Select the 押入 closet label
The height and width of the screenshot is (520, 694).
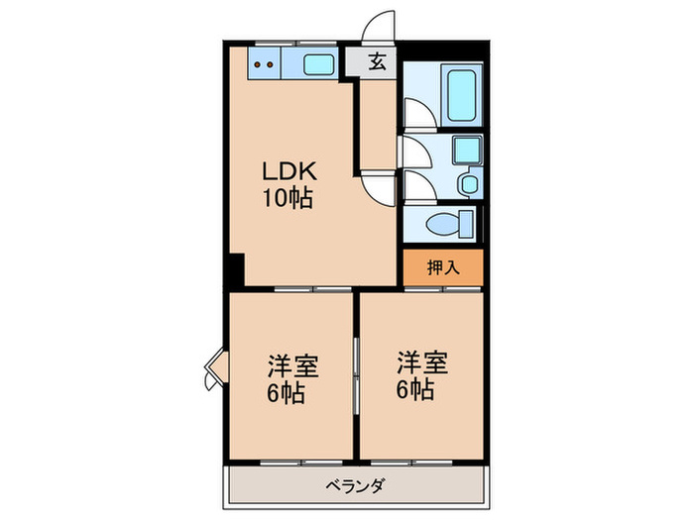tap(442, 267)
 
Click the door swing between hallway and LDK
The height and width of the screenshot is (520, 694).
tap(378, 184)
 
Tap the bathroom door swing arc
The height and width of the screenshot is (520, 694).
tap(417, 113)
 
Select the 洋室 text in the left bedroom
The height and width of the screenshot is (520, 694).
tap(291, 365)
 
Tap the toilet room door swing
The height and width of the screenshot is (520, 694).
tap(416, 186)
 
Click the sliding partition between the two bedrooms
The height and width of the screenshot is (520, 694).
tap(356, 375)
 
